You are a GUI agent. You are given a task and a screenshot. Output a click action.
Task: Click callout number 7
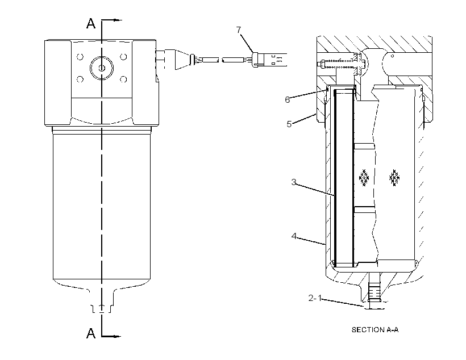click(239, 30)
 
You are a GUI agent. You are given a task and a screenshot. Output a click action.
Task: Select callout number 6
click(287, 100)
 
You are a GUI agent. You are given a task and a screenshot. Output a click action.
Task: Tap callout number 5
click(289, 124)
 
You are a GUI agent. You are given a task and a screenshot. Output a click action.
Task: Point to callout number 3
click(294, 182)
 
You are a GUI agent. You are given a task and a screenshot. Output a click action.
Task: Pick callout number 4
click(294, 236)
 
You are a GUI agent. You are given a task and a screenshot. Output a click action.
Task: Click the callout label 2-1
click(315, 298)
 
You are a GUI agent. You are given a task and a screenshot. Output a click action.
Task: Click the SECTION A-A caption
click(375, 330)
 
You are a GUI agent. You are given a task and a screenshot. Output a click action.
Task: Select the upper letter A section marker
click(91, 23)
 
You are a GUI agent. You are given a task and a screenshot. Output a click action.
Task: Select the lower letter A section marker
click(91, 333)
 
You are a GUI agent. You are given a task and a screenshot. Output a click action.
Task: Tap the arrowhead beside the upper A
click(118, 20)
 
